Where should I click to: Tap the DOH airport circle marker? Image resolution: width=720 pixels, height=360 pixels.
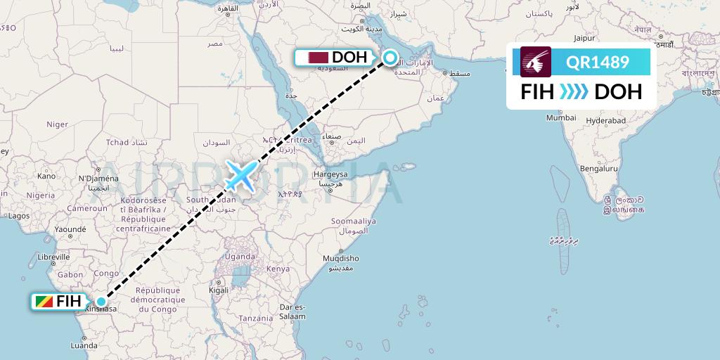click(x=390, y=58)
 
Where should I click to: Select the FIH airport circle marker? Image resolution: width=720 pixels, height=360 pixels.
click(x=102, y=302)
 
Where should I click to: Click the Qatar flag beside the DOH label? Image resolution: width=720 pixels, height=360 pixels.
click(x=316, y=58)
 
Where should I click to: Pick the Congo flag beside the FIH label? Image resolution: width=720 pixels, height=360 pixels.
click(x=44, y=302)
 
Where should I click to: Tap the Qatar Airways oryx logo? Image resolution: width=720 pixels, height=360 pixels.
click(x=536, y=61)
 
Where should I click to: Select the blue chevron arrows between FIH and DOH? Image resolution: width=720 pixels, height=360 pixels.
click(x=574, y=92)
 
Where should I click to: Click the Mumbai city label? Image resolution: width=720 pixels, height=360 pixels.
click(x=561, y=118)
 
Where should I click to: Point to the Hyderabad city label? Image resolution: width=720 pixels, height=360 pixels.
click(x=605, y=121)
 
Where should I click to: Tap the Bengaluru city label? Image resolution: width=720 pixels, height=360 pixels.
click(x=599, y=169)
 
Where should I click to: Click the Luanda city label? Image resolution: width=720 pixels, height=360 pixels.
click(x=84, y=345)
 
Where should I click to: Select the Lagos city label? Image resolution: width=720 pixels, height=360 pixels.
click(x=20, y=216)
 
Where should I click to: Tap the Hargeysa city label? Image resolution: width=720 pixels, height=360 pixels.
click(x=330, y=174)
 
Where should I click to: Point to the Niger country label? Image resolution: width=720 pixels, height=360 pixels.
click(x=57, y=124)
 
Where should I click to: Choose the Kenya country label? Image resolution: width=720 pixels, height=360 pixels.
click(x=278, y=269)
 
